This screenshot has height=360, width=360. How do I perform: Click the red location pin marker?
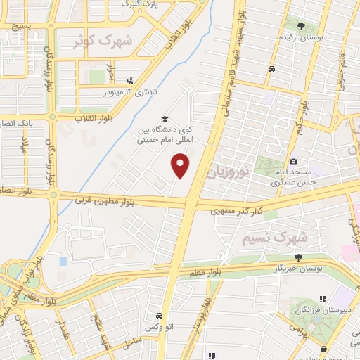coord(181,165)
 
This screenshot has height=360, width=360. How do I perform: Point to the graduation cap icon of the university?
coord(165,119)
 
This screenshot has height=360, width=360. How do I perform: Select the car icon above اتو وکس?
coord(160,316)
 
